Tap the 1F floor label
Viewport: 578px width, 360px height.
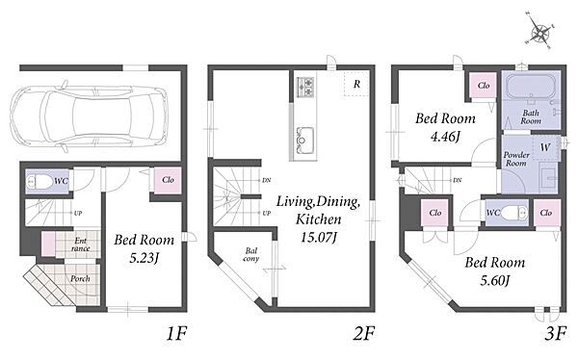point(176,334)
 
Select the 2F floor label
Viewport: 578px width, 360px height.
point(364,334)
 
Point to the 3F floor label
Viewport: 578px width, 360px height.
point(555,334)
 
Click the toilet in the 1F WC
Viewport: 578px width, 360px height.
point(40,181)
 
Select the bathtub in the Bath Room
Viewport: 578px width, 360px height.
point(530,87)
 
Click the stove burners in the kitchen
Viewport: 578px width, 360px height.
point(305,88)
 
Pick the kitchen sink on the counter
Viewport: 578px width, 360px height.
point(305,140)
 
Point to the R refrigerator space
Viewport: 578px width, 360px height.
point(356,84)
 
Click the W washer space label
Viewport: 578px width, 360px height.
point(545,148)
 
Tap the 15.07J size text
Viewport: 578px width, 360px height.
point(319,238)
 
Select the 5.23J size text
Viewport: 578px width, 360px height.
point(144,258)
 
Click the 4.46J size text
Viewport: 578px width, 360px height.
point(445,137)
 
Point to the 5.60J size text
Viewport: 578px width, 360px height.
point(495,281)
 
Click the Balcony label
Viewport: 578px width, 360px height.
point(251,255)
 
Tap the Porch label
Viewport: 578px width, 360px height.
point(80,278)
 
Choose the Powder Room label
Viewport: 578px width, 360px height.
point(516,159)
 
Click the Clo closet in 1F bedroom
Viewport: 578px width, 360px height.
point(168,180)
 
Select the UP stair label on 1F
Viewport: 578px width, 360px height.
point(78,213)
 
